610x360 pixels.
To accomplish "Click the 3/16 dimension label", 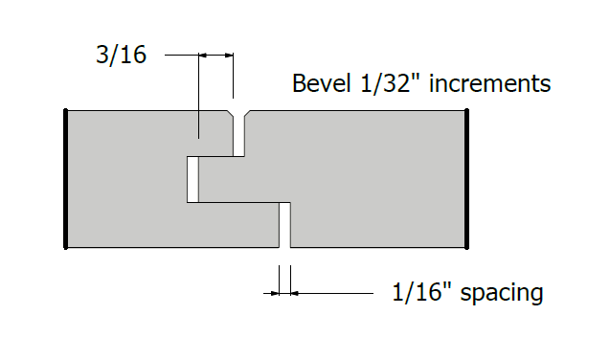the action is (x=121, y=55).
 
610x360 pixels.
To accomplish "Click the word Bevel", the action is (x=321, y=82).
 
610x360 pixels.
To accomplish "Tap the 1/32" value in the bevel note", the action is (x=386, y=83).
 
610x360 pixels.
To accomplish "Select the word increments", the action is (x=490, y=83).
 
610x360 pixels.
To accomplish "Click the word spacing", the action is (x=502, y=293).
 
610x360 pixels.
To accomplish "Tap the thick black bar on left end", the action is (x=66, y=179).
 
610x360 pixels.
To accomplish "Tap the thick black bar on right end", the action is (x=467, y=179).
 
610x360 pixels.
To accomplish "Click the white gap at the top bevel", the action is (x=238, y=134).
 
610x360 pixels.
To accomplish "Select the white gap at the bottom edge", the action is (x=284, y=225).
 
